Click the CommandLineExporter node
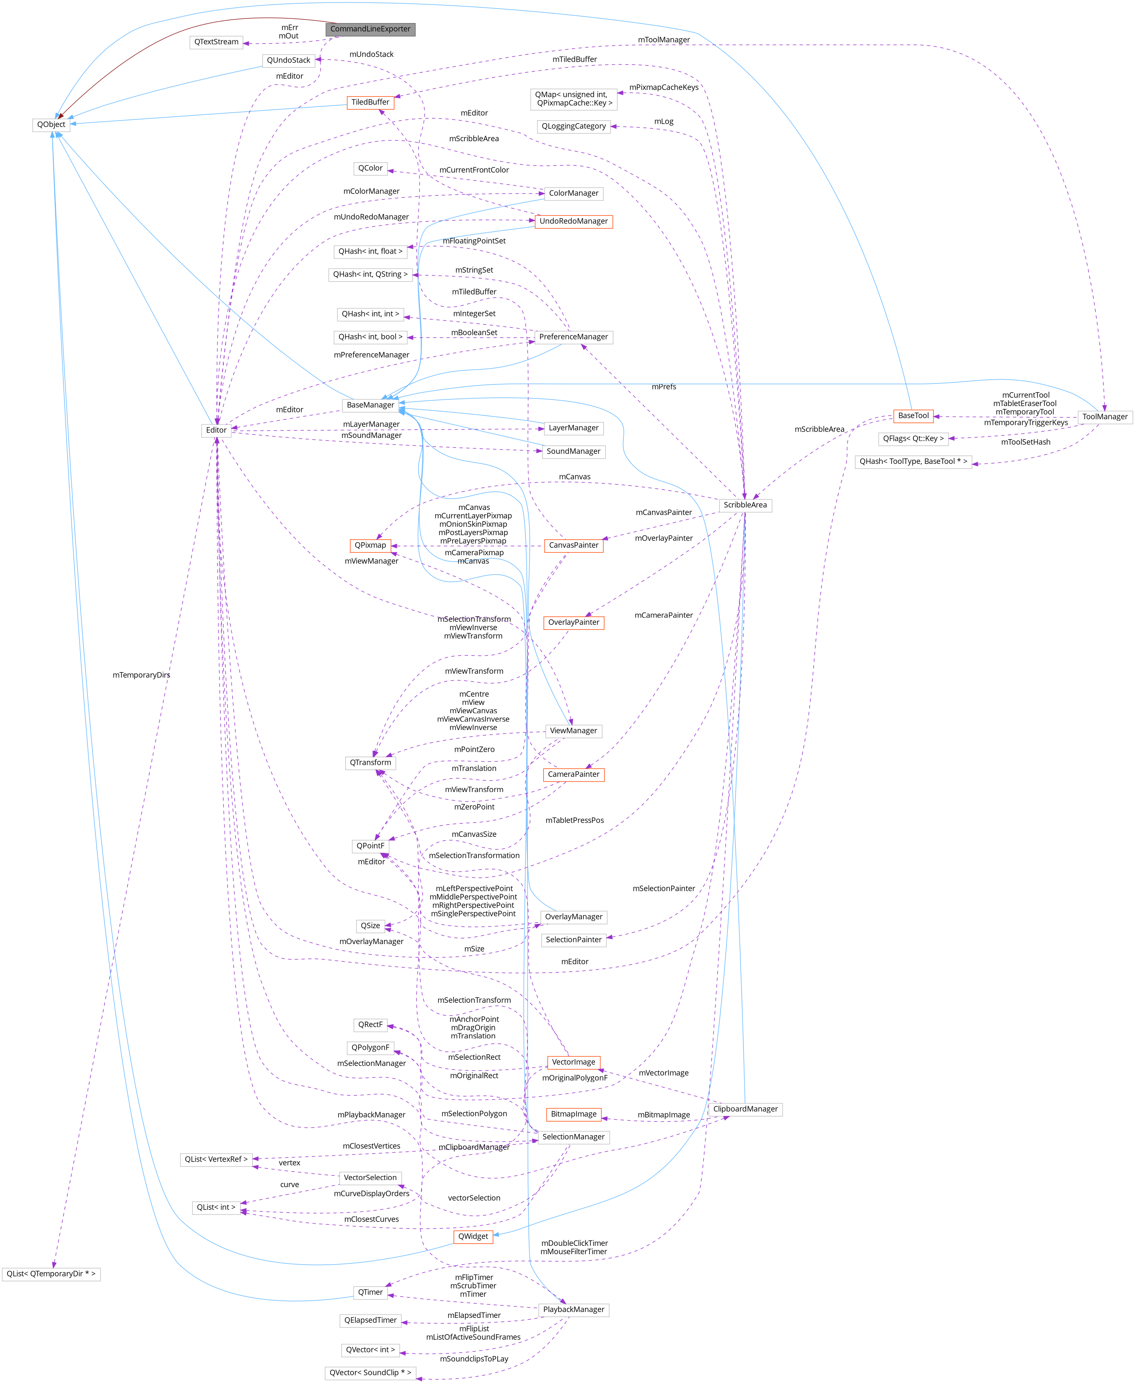[370, 29]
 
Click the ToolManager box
[1104, 417]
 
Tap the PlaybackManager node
[574, 1310]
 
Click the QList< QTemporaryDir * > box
[51, 1273]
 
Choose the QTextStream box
[217, 42]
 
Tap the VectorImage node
[574, 1062]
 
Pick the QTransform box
[370, 762]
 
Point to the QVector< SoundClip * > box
[370, 1372]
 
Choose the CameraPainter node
[574, 774]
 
